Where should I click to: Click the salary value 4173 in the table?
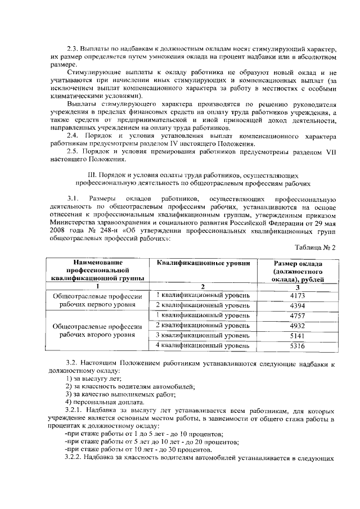(298, 295)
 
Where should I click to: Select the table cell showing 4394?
(298, 305)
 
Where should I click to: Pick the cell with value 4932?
(298, 326)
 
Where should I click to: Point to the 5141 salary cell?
(298, 336)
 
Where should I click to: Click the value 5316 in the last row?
(298, 346)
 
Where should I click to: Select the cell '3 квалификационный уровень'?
(202, 336)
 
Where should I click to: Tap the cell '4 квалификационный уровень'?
(202, 346)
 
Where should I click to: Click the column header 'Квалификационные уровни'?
(202, 263)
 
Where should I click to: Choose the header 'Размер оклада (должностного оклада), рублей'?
(298, 271)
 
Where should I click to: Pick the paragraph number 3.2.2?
(77, 457)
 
